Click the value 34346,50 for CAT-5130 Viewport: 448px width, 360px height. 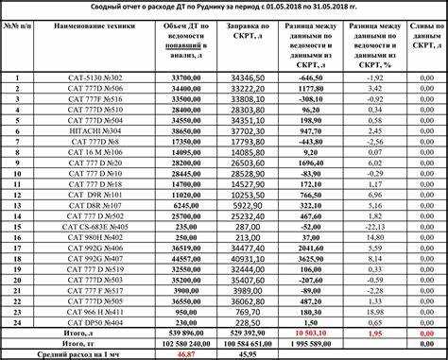253,76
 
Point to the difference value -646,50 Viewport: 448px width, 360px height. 312,76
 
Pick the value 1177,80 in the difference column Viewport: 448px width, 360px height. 312,87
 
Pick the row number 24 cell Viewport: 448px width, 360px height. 16,322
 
